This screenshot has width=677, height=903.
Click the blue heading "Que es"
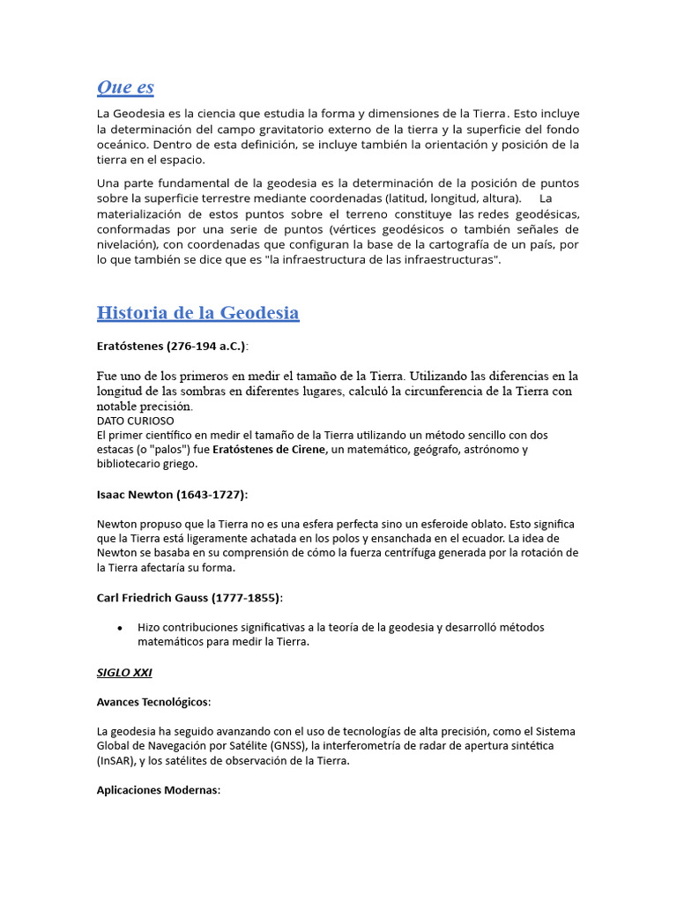pyautogui.click(x=125, y=86)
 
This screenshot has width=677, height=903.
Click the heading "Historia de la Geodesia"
pyautogui.click(x=197, y=313)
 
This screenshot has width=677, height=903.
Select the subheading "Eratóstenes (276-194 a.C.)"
pyautogui.click(x=172, y=346)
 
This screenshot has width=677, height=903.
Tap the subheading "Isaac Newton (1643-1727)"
pyautogui.click(x=172, y=494)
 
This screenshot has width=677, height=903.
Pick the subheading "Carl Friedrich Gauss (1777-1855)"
pyautogui.click(x=190, y=598)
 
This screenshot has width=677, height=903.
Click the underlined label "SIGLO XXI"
pyautogui.click(x=124, y=672)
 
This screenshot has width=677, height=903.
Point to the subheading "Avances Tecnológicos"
pyautogui.click(x=153, y=702)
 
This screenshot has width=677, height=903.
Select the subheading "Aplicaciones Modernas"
pyautogui.click(x=158, y=790)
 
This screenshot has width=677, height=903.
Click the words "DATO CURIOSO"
pyautogui.click(x=135, y=421)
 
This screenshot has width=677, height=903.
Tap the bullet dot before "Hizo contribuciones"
pyautogui.click(x=120, y=628)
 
